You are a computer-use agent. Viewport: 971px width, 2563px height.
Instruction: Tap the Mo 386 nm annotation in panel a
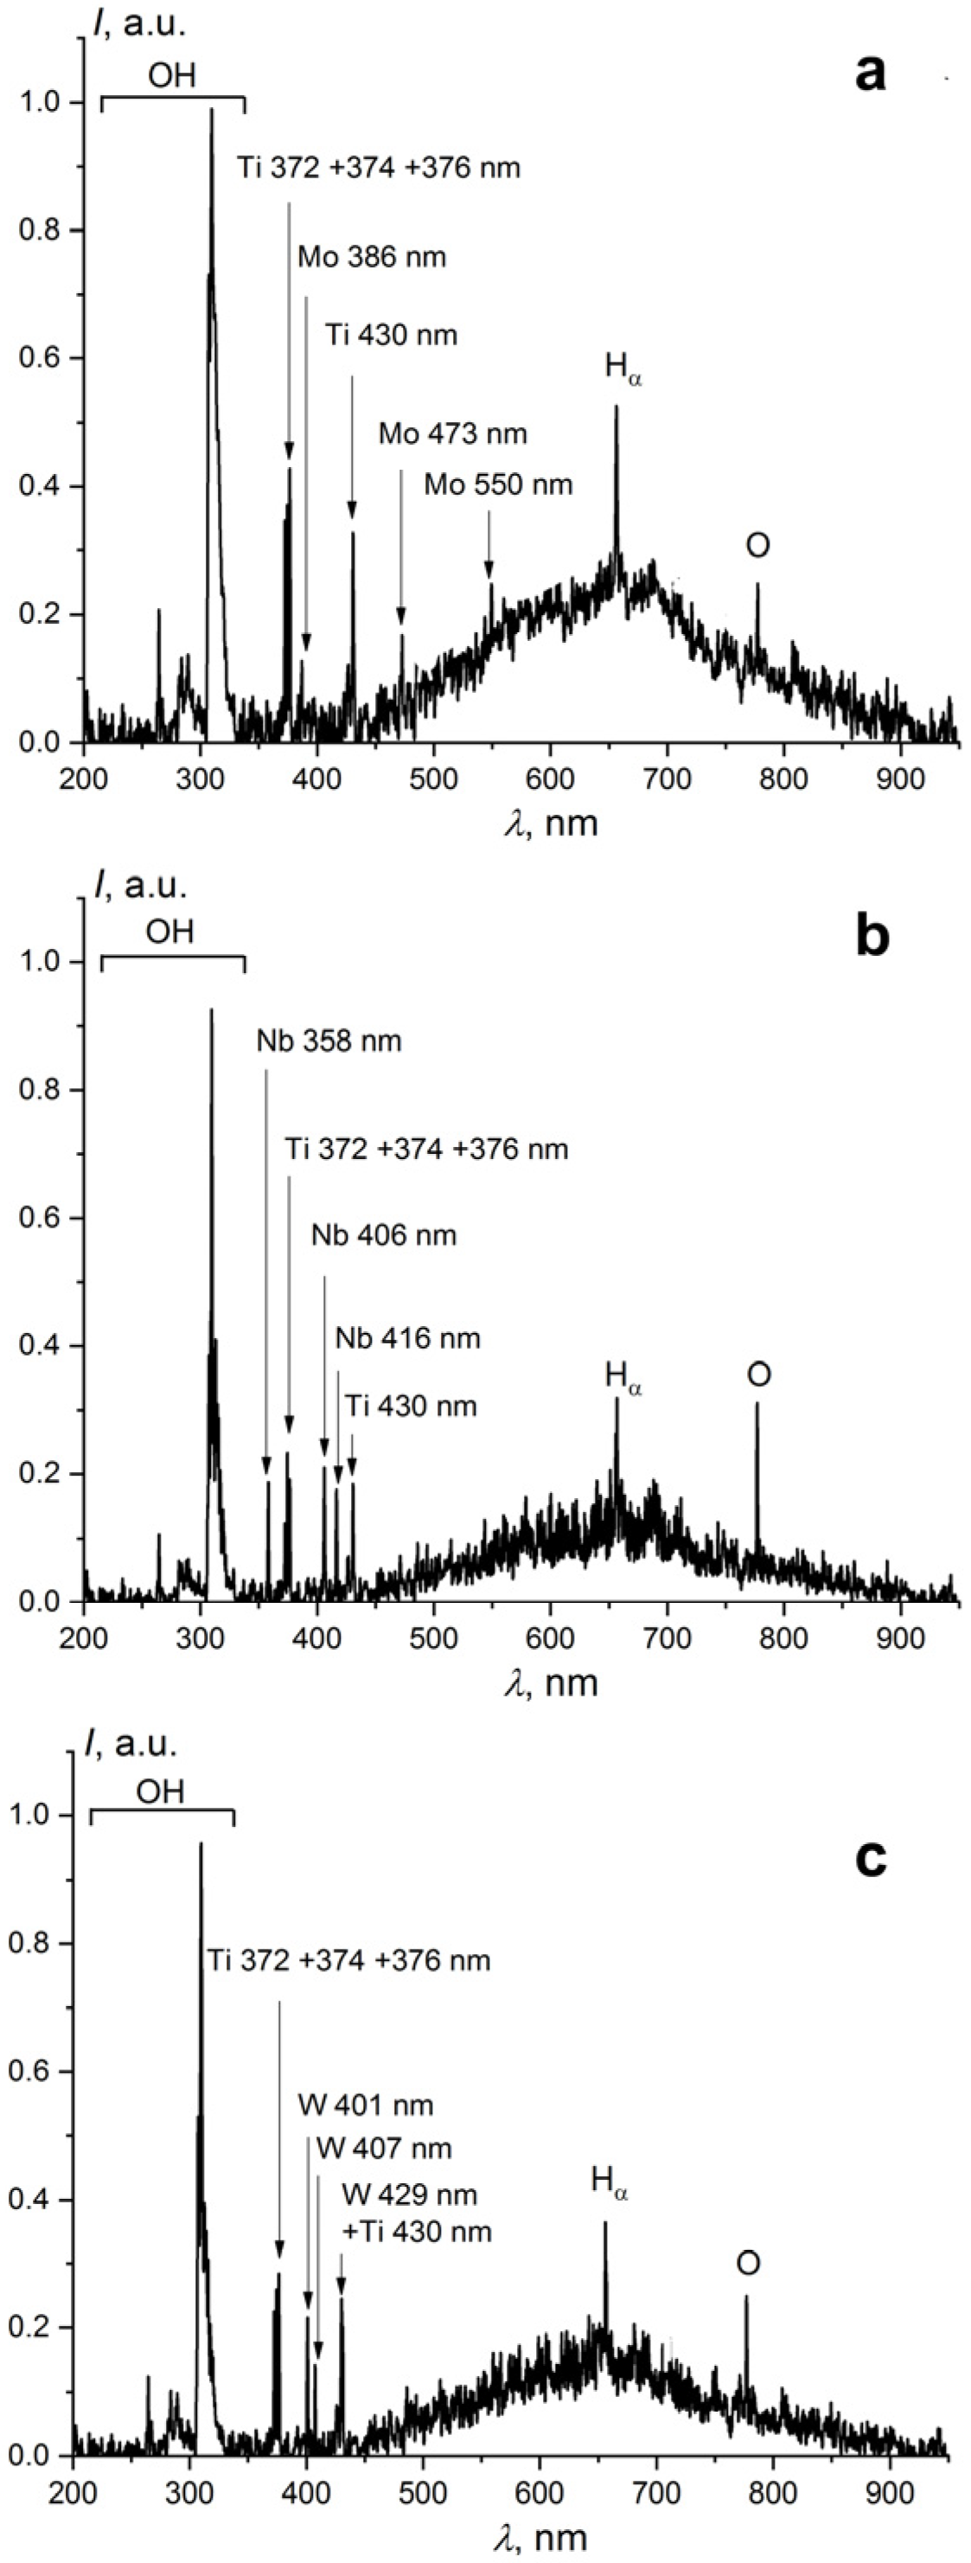tap(371, 258)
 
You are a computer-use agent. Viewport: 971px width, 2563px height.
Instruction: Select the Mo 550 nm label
tap(497, 484)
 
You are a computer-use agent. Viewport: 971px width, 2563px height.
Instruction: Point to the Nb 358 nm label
tap(329, 1041)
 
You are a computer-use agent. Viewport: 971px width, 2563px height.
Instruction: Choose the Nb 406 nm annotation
tap(383, 1236)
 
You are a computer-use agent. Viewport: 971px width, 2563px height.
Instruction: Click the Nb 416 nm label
tap(407, 1338)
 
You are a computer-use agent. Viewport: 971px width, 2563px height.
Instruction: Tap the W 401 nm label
tap(365, 2105)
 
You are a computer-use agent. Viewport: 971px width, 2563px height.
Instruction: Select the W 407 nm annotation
tap(383, 2148)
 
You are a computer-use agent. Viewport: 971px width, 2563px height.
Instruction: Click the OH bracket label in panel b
tap(170, 932)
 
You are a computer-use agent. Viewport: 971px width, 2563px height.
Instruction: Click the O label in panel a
tap(758, 545)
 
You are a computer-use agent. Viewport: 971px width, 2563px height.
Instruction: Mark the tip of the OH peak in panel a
tap(211, 111)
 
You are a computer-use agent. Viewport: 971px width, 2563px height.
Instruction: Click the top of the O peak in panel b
tap(757, 1405)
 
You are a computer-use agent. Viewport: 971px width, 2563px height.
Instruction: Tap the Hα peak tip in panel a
tap(616, 407)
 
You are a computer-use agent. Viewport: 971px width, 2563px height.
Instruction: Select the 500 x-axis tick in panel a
tap(433, 777)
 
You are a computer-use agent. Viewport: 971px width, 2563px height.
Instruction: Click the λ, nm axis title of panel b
tap(551, 1682)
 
